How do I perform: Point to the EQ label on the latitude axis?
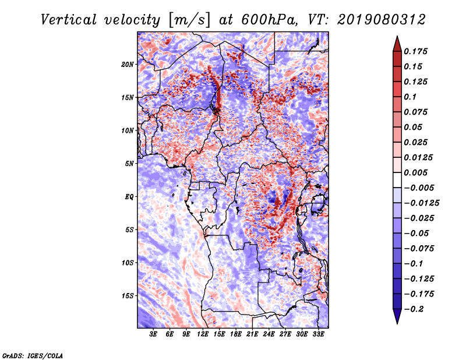point(129,196)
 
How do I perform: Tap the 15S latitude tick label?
point(128,295)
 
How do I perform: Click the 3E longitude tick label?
point(154,334)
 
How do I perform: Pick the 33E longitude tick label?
point(318,334)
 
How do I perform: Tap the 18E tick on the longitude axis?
point(236,334)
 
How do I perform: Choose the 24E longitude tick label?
point(269,334)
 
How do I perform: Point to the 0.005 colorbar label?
point(418,172)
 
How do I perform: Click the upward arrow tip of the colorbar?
point(397,37)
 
